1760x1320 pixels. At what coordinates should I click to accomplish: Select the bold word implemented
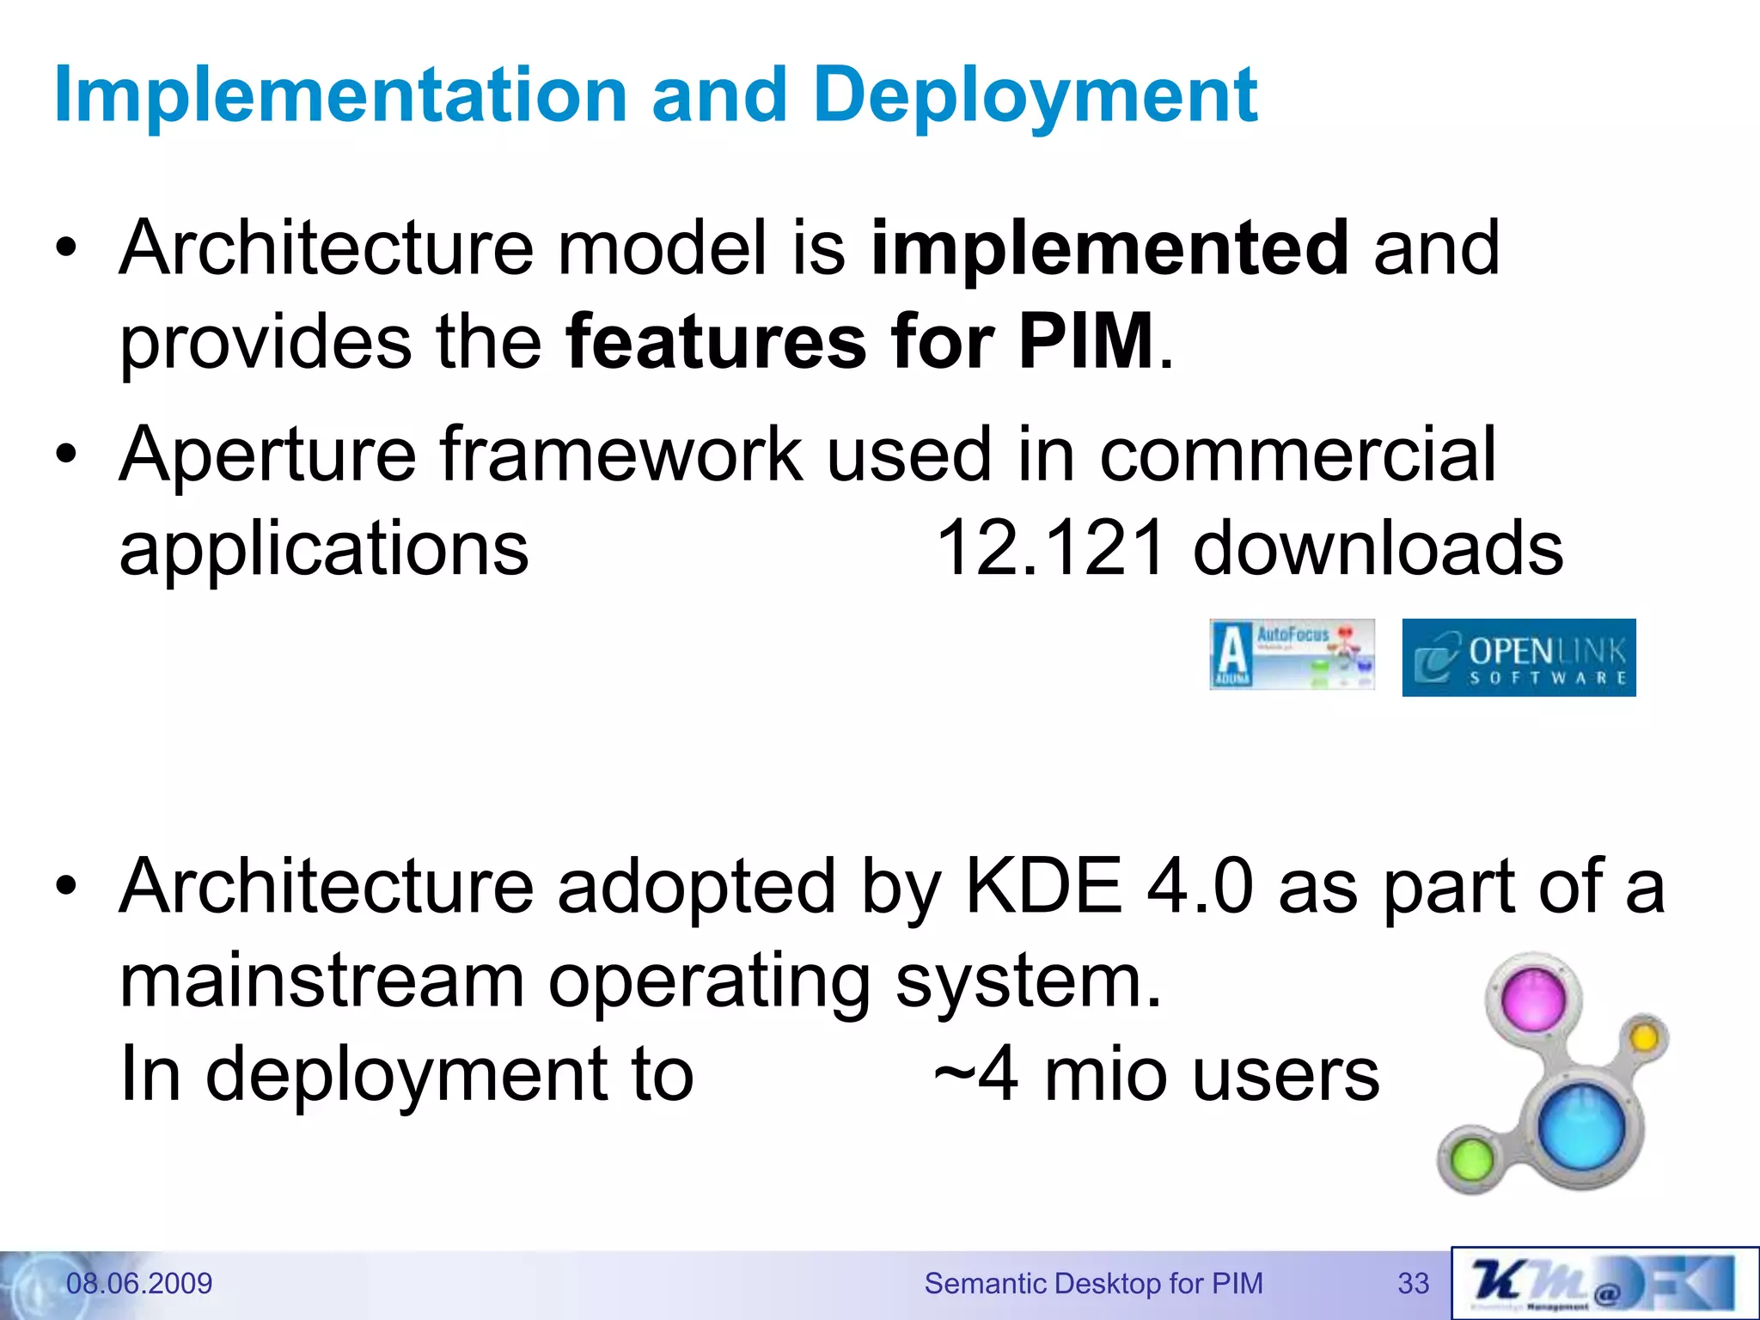[1109, 249]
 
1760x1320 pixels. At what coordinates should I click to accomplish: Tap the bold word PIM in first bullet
[1085, 342]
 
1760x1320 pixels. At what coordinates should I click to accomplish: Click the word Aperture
[267, 455]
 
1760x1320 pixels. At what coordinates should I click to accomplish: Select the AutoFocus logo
[1292, 654]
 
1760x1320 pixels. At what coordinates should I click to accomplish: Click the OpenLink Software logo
[1519, 657]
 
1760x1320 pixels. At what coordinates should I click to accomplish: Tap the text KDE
[1043, 886]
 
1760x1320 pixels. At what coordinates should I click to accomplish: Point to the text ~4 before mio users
[976, 1075]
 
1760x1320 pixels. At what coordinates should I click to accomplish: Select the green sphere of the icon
[1472, 1159]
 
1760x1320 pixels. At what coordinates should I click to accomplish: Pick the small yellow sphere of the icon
[1643, 1038]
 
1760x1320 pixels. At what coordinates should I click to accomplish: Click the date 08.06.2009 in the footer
[139, 1284]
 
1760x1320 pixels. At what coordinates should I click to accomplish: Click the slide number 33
[1413, 1284]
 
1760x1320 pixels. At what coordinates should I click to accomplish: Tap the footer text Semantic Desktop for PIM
[1093, 1284]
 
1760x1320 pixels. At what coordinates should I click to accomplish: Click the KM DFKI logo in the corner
[1604, 1283]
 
